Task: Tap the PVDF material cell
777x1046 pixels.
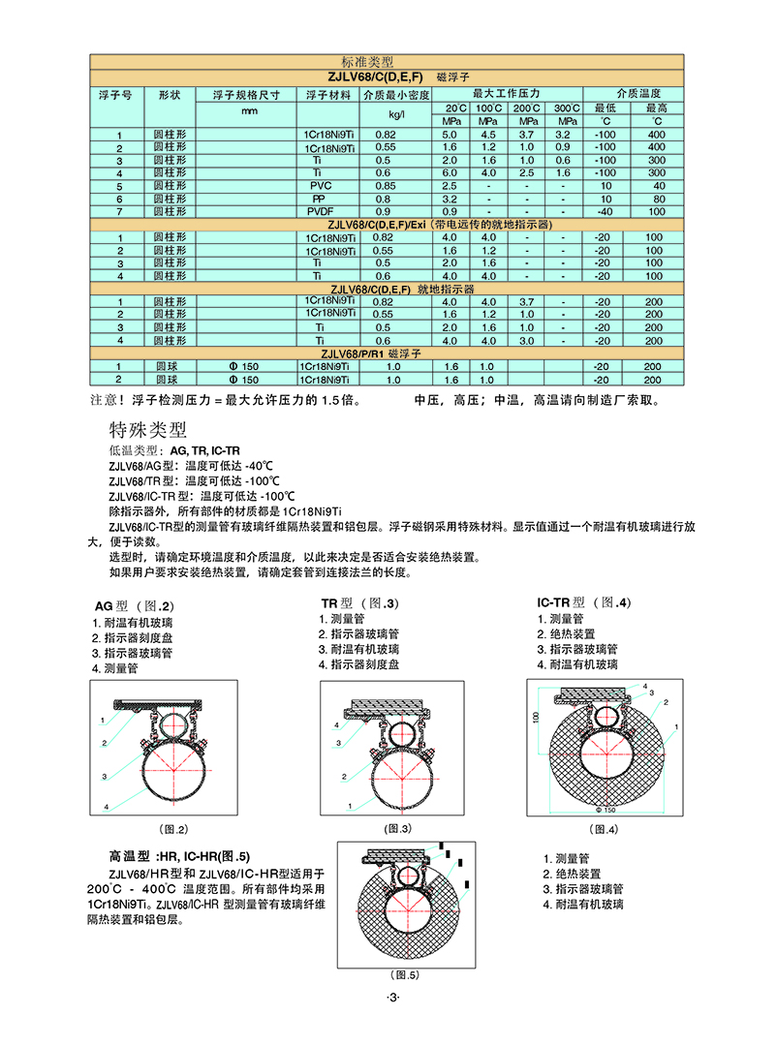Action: [321, 210]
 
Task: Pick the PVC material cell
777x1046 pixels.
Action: [321, 185]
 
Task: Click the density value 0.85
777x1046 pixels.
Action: [384, 185]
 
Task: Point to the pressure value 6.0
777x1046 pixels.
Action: [450, 172]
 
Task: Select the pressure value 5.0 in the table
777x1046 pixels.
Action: [450, 134]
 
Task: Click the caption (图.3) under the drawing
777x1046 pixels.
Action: [398, 828]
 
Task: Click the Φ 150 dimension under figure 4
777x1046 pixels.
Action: [606, 810]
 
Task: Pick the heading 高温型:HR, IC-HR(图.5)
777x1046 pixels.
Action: [179, 856]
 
